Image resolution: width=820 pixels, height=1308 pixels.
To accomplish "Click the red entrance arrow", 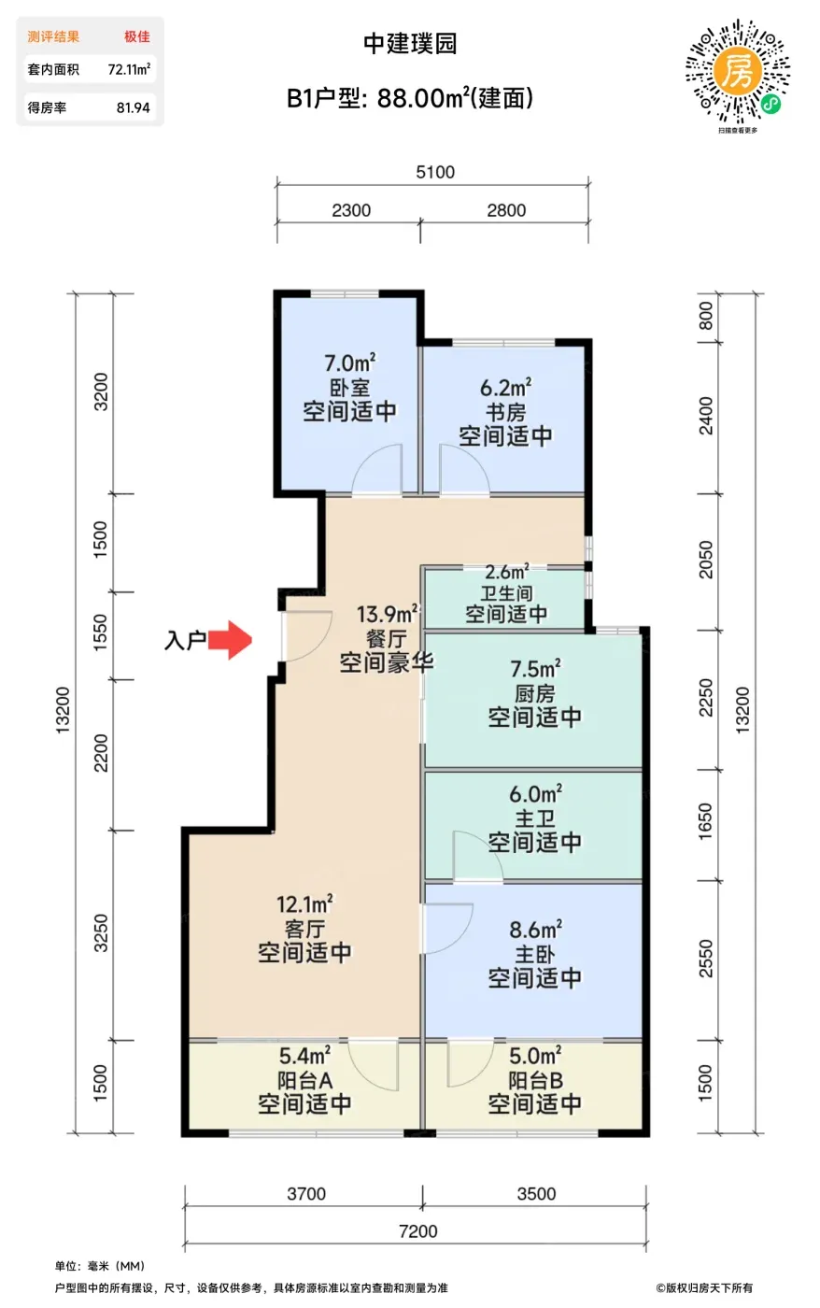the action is [230, 640].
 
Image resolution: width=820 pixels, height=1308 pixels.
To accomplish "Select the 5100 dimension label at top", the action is [435, 172].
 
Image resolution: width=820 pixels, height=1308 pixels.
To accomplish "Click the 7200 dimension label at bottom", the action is [417, 1231].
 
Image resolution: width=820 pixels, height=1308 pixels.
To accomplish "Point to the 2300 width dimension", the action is [351, 210].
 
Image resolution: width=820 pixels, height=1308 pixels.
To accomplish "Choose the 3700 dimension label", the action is [306, 1194].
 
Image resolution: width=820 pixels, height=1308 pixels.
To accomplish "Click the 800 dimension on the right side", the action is [706, 316].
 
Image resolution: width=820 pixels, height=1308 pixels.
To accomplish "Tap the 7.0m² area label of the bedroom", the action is [349, 363].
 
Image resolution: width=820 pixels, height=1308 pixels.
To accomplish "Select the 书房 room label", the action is [505, 412].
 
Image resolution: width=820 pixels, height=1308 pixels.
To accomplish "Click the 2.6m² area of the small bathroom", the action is [506, 572].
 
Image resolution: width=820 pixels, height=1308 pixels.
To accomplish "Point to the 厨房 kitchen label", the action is [534, 693].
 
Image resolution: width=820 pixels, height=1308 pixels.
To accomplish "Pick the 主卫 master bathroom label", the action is [534, 818].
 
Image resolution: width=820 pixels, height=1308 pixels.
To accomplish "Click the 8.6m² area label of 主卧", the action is [535, 930].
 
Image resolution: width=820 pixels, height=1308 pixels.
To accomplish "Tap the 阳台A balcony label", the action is [304, 1080].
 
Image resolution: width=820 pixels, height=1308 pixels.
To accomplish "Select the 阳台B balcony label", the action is [535, 1080].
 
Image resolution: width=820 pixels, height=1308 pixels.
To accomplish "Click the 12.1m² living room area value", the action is [304, 904].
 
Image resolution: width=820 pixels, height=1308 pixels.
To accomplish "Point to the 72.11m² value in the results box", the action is [129, 69].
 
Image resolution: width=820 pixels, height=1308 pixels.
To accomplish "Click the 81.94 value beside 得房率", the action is [133, 107].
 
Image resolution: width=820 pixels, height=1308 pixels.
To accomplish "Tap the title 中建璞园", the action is [410, 44].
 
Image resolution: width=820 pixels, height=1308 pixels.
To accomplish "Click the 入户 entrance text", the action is [185, 641].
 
